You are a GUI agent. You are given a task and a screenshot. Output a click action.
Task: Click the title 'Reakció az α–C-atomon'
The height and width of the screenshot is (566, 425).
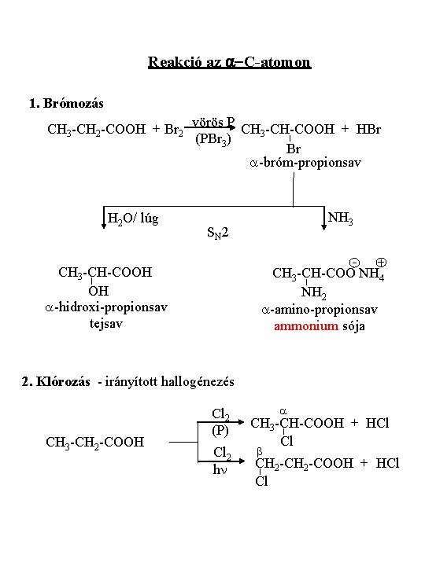point(230,62)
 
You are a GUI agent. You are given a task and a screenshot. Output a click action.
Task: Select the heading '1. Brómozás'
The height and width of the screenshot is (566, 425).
point(66,103)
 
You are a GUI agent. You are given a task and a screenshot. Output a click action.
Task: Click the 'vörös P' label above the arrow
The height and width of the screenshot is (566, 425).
point(213,122)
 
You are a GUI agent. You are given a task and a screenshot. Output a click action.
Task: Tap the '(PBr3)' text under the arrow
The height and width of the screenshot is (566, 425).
point(213,139)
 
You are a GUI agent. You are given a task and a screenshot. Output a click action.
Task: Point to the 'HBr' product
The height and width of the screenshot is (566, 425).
point(368,129)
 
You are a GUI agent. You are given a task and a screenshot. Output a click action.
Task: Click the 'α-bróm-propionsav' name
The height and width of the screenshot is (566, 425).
point(305,163)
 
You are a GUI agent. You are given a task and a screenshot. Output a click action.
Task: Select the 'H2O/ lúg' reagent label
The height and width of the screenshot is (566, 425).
point(133,219)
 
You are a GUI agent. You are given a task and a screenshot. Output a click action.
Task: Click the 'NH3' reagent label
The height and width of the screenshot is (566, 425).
point(340,218)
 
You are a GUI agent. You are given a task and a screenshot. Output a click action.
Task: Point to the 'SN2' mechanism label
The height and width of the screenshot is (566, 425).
point(217,233)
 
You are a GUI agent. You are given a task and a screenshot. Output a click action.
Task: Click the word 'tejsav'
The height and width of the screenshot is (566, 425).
point(106,323)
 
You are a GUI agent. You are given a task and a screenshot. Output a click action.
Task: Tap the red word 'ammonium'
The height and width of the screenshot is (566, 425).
point(306,326)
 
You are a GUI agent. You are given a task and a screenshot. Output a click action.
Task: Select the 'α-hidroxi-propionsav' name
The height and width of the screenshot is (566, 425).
point(106,307)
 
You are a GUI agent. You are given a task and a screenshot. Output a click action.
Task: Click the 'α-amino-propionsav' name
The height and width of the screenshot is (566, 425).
point(320,310)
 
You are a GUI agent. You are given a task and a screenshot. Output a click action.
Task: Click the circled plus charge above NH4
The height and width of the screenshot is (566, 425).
point(381,262)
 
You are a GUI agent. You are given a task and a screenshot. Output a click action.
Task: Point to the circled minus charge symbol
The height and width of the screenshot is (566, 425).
point(354,263)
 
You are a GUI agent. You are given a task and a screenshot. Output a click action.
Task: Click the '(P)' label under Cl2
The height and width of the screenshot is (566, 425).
point(220,431)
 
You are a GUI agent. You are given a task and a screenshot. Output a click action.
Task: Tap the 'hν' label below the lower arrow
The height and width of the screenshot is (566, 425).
point(220,469)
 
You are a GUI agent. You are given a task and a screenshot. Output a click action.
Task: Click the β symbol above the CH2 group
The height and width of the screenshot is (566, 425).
point(259,452)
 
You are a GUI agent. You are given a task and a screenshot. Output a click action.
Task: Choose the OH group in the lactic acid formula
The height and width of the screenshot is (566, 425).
point(98,291)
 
